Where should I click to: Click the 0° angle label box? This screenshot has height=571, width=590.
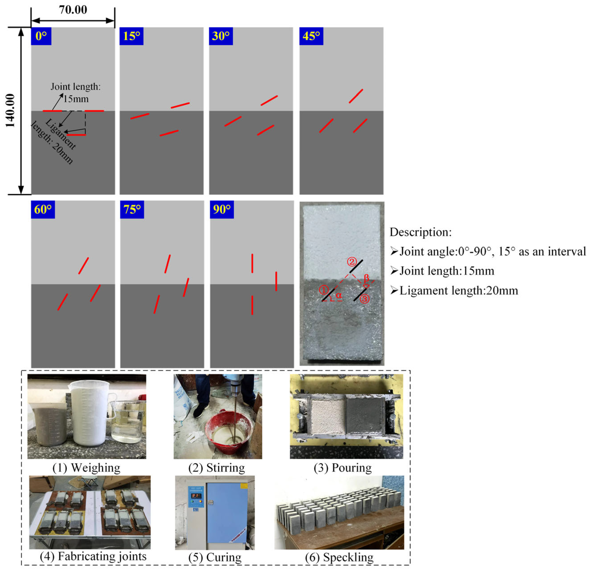tap(41, 36)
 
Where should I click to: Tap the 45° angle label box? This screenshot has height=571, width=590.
tap(311, 36)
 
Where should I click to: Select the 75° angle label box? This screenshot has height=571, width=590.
tap(132, 209)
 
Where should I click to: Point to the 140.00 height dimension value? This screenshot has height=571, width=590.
tap(10, 110)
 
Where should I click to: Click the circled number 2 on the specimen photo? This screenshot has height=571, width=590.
tap(352, 261)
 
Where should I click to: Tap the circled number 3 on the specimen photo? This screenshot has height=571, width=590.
tap(365, 299)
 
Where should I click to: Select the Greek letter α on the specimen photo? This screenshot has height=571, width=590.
tap(339, 296)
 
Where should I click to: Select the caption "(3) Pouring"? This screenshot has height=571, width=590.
tap(343, 468)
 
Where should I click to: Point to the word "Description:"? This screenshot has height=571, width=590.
tap(421, 232)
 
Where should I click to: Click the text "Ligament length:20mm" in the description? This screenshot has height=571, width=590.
tap(459, 291)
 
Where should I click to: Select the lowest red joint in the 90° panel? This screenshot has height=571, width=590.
tap(252, 305)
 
